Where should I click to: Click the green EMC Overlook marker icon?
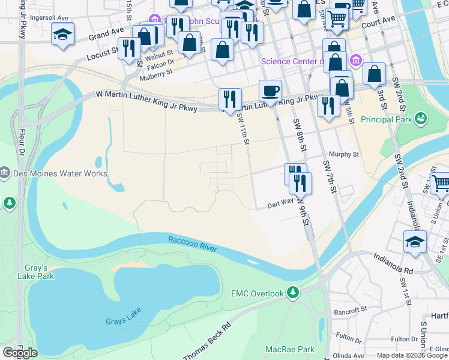tap(292, 293)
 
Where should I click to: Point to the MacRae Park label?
tap(290, 349)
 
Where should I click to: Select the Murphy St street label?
tap(343, 154)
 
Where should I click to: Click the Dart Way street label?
tap(280, 205)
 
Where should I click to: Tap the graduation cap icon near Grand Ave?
tap(62, 34)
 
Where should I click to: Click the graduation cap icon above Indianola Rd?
tap(415, 242)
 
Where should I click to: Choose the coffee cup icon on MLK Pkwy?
tap(270, 91)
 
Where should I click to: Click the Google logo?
tap(19, 352)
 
